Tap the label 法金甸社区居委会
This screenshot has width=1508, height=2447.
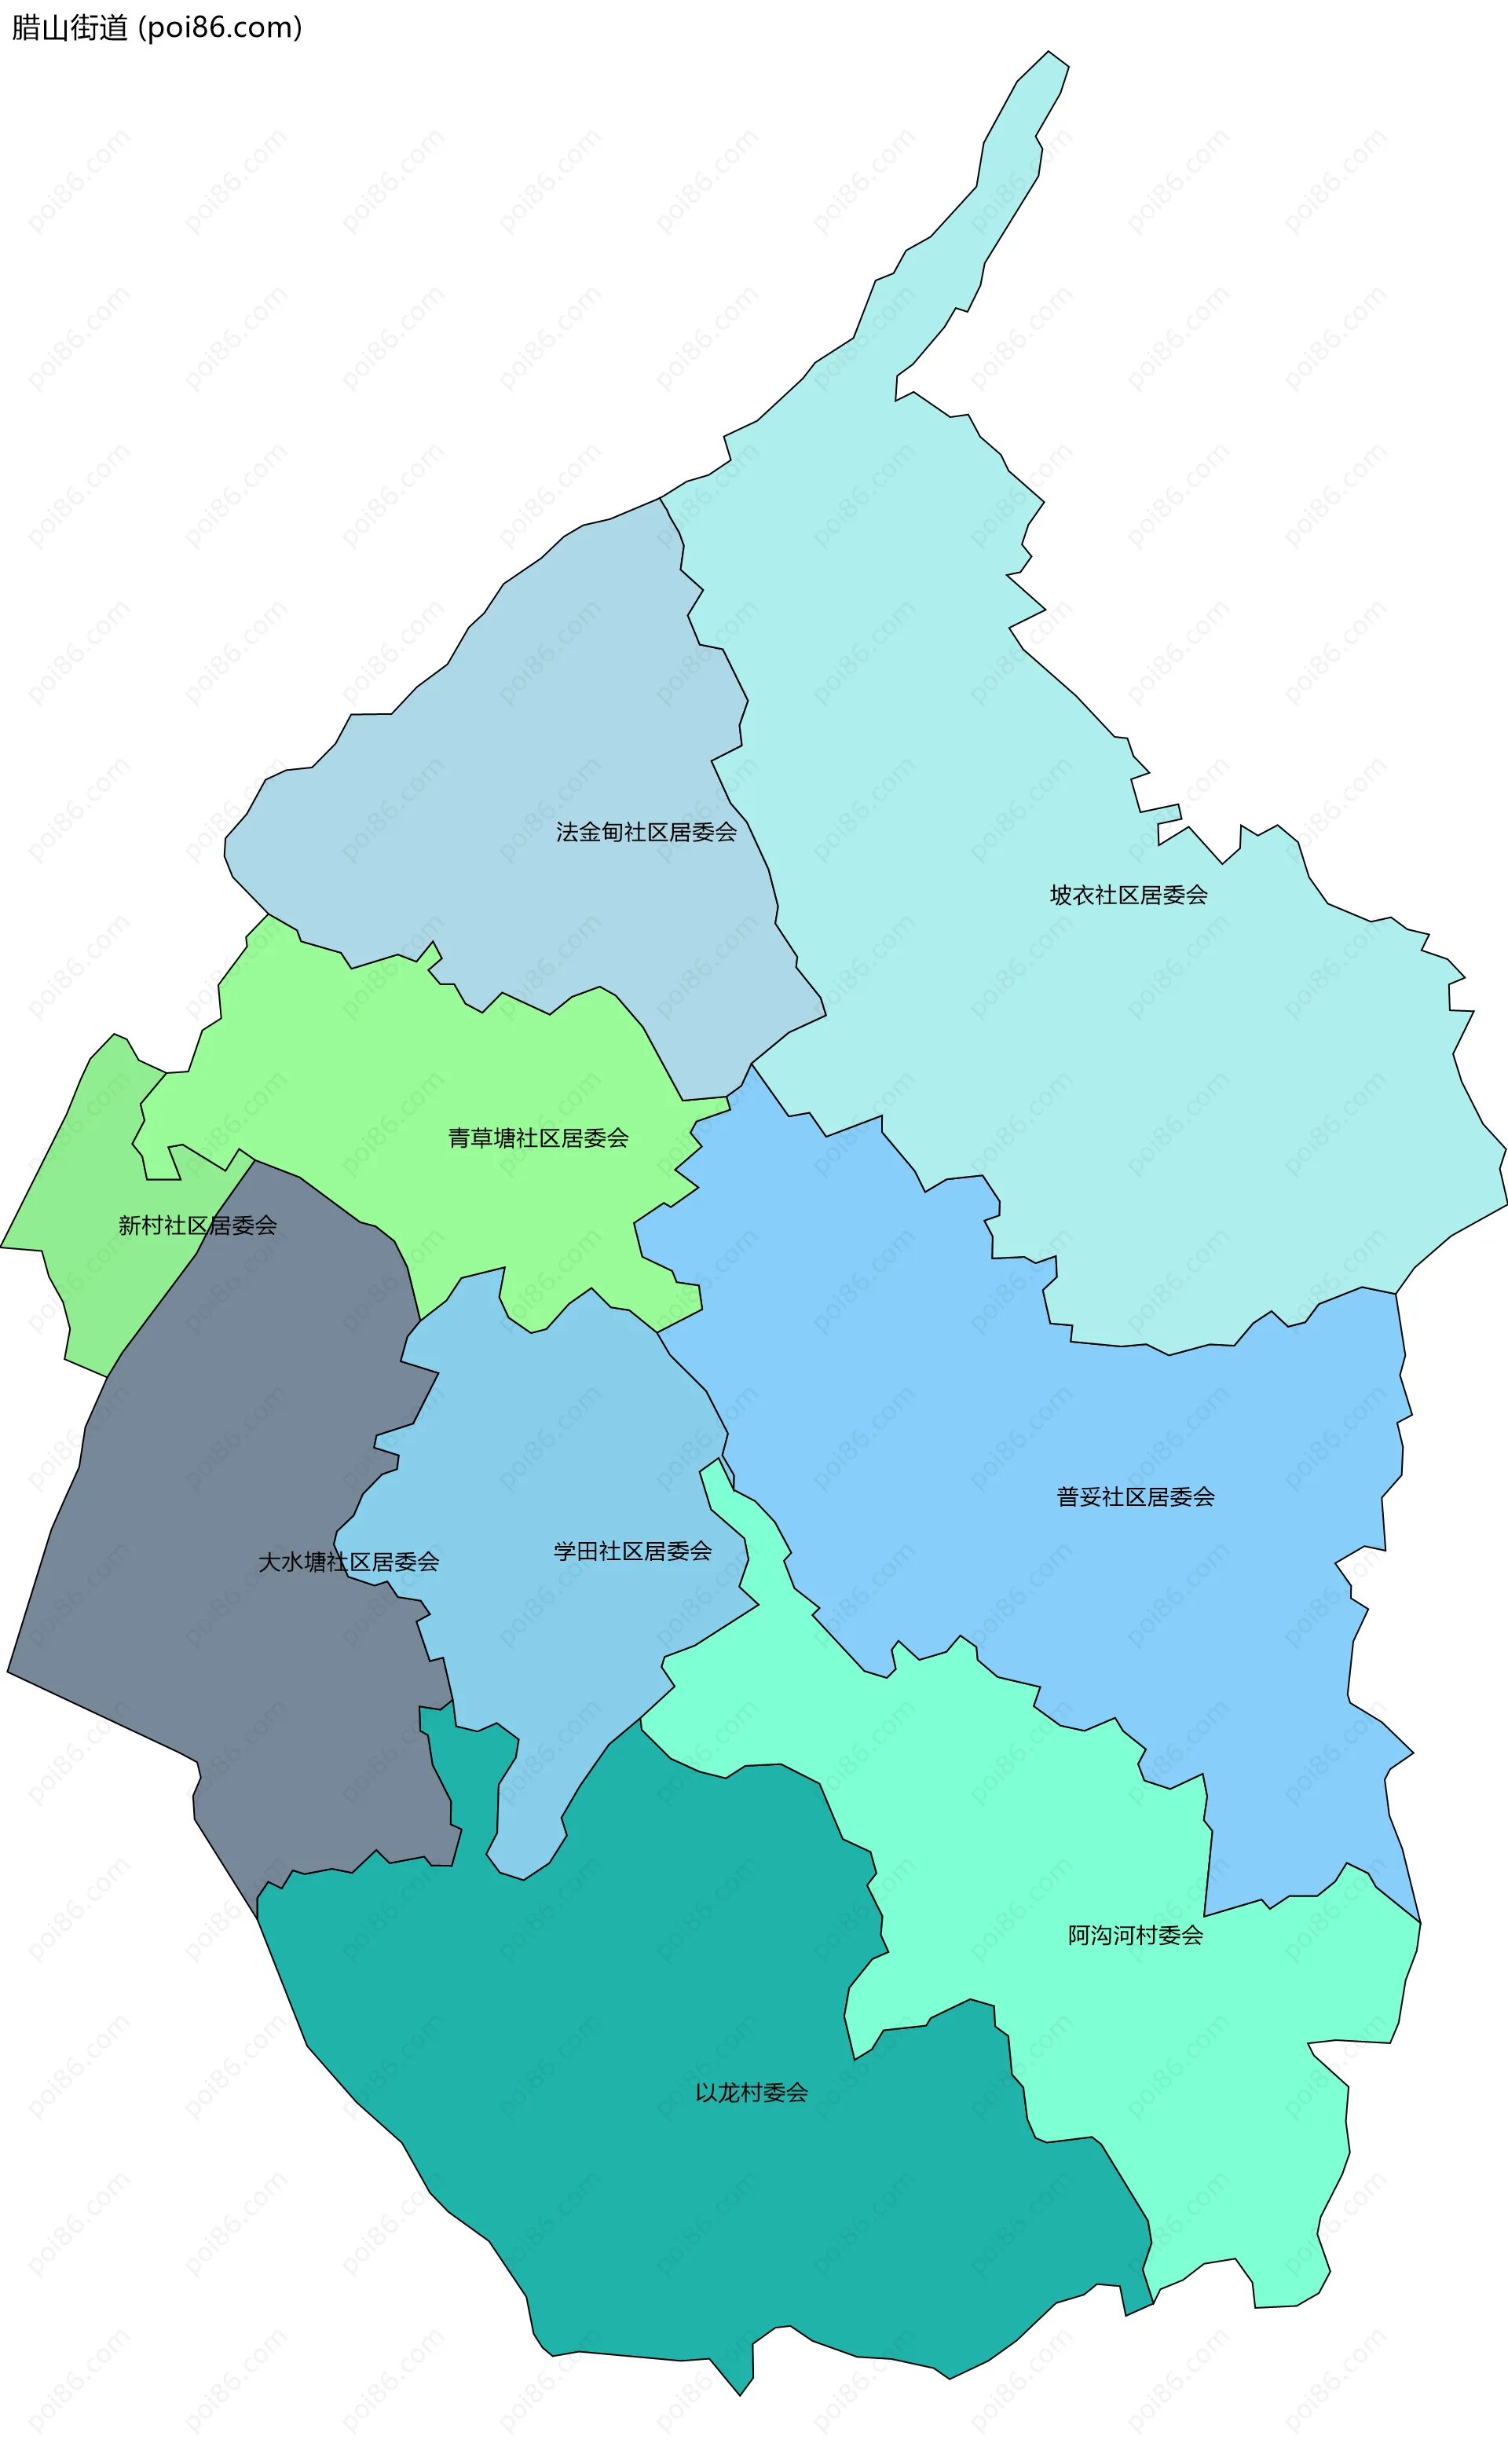(x=646, y=832)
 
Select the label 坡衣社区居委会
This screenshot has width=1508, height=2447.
(x=1128, y=895)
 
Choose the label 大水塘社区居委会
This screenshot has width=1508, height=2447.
(x=348, y=1562)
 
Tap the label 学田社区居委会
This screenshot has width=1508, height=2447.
(x=632, y=1551)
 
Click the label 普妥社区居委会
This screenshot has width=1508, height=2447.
(x=1135, y=1496)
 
